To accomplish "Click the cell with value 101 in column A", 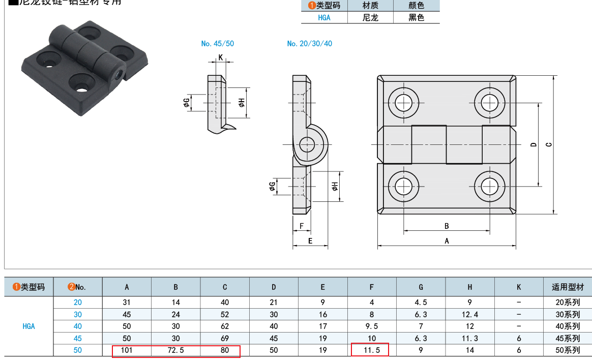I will (127, 350).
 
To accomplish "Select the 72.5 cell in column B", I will (175, 350).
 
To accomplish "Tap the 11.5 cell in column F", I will (372, 350).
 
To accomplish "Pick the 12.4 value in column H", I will (469, 314).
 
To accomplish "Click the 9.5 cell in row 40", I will (372, 326).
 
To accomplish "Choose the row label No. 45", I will (77, 338).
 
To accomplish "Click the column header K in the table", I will (518, 287).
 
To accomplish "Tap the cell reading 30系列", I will (568, 314).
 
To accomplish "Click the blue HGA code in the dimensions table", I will (29, 326).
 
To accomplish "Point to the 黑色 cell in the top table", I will (416, 17).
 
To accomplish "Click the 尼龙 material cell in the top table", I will (370, 17).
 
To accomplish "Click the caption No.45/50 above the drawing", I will (218, 44).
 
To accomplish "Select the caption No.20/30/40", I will (309, 44).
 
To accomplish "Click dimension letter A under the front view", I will (447, 241).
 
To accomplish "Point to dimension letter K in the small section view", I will (221, 57).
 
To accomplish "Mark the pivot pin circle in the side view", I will (307, 145).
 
